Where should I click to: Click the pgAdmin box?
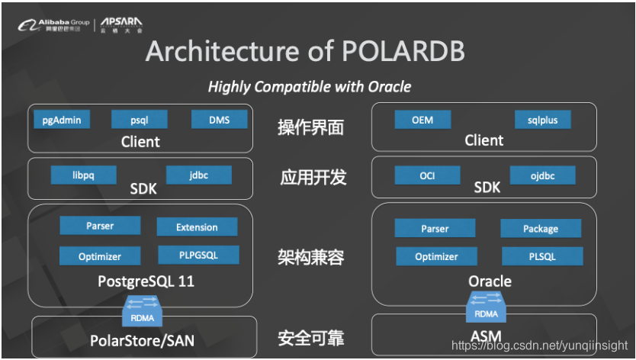(x=63, y=120)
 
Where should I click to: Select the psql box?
(x=139, y=120)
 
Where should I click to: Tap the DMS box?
(x=219, y=120)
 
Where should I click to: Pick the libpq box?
(x=83, y=175)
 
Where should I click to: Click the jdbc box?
(x=198, y=175)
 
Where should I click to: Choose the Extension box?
(x=197, y=227)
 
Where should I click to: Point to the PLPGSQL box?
(x=198, y=256)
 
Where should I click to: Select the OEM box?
(x=422, y=120)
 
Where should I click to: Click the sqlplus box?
(x=542, y=120)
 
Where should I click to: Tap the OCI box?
(x=427, y=176)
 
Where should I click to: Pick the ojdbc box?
(x=542, y=176)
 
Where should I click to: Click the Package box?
(x=541, y=229)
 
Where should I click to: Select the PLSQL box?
(x=542, y=257)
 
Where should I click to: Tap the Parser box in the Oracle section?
(x=435, y=229)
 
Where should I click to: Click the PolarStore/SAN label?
(x=143, y=340)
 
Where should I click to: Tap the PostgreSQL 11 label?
(x=146, y=281)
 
